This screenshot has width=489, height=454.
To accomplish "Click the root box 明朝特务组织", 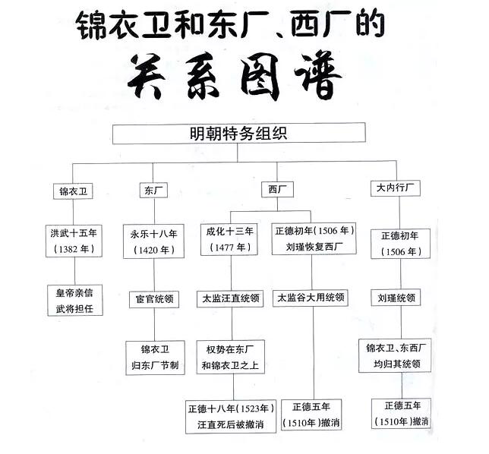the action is tap(239, 133).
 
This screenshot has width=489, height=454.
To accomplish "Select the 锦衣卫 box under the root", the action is tap(73, 191).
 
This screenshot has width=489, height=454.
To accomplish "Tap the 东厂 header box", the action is tap(153, 190).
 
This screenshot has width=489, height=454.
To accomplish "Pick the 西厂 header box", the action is tap(277, 189).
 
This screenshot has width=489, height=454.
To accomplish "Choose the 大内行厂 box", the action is tap(396, 188).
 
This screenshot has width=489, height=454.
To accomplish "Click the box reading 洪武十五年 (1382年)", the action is tap(74, 241).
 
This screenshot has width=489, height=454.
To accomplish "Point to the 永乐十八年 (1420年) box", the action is tap(153, 241).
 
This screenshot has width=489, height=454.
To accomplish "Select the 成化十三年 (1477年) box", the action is tap(229, 239).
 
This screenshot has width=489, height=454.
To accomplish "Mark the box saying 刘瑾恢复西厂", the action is tap(314, 238).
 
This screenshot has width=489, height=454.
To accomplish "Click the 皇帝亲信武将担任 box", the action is tap(75, 300).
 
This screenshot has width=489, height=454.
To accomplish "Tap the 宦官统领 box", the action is tap(154, 299).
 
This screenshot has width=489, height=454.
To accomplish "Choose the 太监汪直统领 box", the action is tap(230, 298).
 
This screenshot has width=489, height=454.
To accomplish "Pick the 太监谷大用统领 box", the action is tap(311, 298).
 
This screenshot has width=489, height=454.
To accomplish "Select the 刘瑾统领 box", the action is tap(396, 298).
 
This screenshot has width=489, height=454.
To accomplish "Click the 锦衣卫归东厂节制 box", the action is tap(155, 358).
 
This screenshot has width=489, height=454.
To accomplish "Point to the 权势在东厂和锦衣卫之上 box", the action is tap(231, 357).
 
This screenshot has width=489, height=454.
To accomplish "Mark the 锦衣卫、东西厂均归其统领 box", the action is tap(395, 355).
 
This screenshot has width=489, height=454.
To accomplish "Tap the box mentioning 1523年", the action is tap(231, 417).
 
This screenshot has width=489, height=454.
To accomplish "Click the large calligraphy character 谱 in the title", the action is tap(317, 77).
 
